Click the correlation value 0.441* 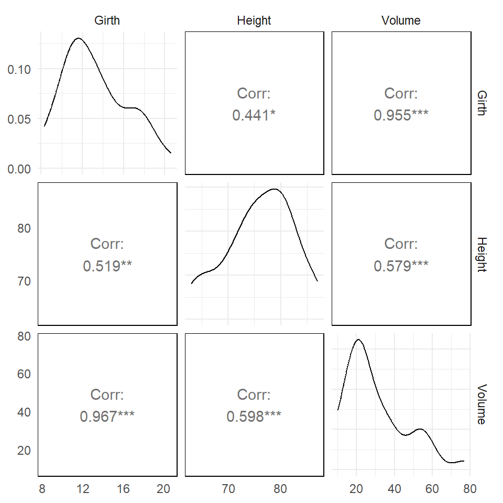coord(254,115)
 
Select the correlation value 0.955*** coord(401,115)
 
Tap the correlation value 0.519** coord(107,266)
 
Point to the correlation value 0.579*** coord(401,266)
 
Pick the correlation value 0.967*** coord(107,417)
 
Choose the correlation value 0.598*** coord(254,417)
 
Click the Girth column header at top coord(107,20)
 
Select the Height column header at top coord(254,20)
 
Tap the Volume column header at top coord(401,20)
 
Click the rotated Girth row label coord(482,103)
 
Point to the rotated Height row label coord(482,254)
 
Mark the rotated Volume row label coord(482,404)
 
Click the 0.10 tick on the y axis coord(19,69)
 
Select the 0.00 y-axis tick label coord(19,169)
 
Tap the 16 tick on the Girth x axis coord(123,489)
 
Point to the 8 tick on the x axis coord(42,489)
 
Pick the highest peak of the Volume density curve coord(358,340)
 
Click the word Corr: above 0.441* coord(254,94)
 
